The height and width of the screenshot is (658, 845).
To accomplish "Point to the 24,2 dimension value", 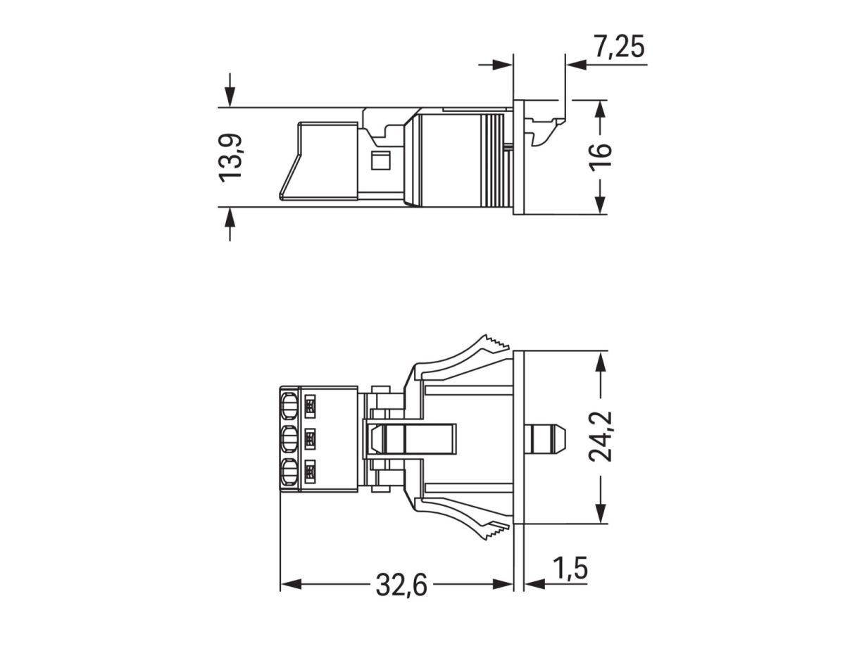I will tap(601, 437).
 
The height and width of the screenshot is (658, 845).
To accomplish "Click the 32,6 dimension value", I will tap(401, 585).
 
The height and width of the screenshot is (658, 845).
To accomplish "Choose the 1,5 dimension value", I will tap(570, 568).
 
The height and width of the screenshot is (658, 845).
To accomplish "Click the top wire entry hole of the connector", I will tap(288, 406).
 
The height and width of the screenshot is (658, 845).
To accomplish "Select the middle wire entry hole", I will tap(288, 439).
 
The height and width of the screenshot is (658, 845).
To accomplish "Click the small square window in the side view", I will tap(380, 160).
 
